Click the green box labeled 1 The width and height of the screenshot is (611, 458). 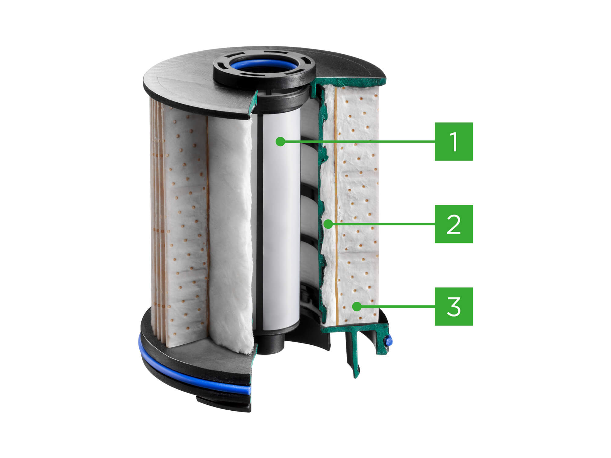pyautogui.click(x=454, y=142)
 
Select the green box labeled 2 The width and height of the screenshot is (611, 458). pyautogui.click(x=454, y=224)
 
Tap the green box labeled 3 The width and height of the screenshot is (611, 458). pyautogui.click(x=454, y=306)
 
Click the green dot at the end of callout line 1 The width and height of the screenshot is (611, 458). pyautogui.click(x=280, y=142)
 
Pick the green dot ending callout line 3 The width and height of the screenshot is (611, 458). pyautogui.click(x=356, y=306)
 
